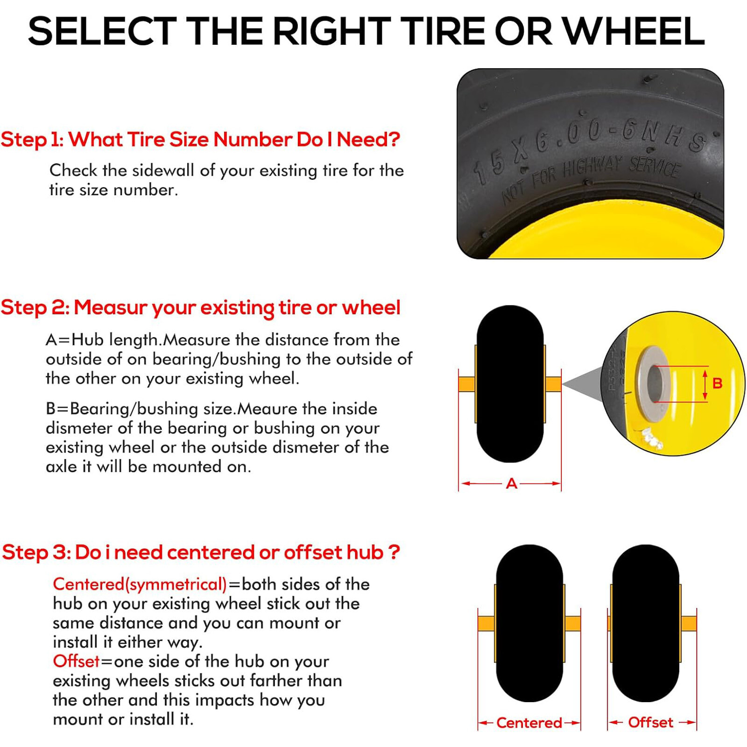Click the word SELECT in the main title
[x=102, y=32]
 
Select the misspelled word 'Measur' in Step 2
[x=110, y=308]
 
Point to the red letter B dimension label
[x=718, y=383]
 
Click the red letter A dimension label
[x=512, y=483]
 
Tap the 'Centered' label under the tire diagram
[x=529, y=723]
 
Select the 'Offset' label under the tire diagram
[x=650, y=722]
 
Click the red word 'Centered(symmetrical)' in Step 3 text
[x=140, y=584]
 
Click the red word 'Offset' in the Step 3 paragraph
[x=76, y=661]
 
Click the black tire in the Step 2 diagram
[x=510, y=384]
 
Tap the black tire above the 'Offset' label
[x=645, y=623]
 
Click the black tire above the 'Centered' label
[x=529, y=623]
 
